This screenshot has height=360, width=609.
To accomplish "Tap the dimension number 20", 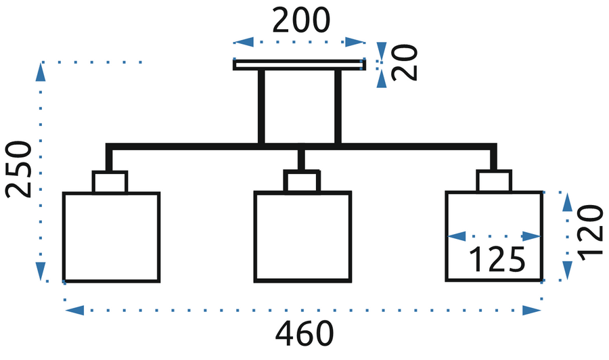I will [405, 63].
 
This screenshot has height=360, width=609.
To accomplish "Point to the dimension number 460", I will [304, 335].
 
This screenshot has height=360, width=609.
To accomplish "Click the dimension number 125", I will [497, 260].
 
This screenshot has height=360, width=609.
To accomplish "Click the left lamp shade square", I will [112, 237].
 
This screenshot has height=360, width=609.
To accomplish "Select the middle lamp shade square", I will [302, 237].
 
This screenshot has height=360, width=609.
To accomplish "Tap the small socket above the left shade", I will [110, 182].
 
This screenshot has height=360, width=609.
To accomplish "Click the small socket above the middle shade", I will [302, 182].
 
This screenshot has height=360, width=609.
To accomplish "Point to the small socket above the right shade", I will [494, 182].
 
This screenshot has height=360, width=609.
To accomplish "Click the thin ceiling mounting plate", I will [299, 65].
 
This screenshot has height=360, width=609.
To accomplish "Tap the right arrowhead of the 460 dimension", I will [532, 311].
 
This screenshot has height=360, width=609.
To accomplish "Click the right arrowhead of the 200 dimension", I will [355, 42].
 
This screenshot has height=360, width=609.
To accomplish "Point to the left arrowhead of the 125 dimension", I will [457, 237].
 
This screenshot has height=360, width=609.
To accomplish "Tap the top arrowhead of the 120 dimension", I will [567, 201].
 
